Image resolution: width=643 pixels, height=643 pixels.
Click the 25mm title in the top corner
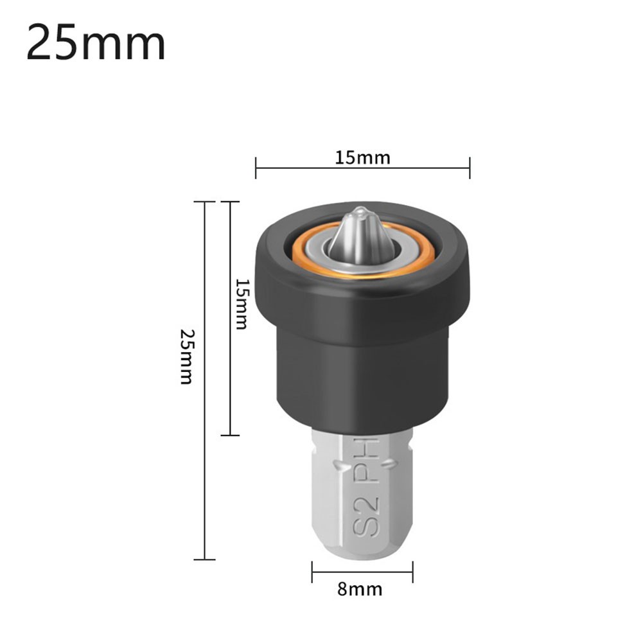click(96, 43)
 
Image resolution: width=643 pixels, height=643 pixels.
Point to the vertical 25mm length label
click(186, 357)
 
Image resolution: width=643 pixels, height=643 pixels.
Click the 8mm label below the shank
click(360, 589)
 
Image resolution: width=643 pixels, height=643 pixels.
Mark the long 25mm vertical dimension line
click(205, 450)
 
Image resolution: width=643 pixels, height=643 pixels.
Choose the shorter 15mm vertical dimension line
click(230, 385)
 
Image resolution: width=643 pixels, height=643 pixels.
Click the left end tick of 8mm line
click(312, 572)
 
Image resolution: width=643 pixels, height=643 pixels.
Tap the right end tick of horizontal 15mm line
click(470, 168)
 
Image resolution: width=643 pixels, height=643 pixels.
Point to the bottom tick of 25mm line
click(205, 559)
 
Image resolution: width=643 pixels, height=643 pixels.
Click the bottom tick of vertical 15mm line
click(230, 436)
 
